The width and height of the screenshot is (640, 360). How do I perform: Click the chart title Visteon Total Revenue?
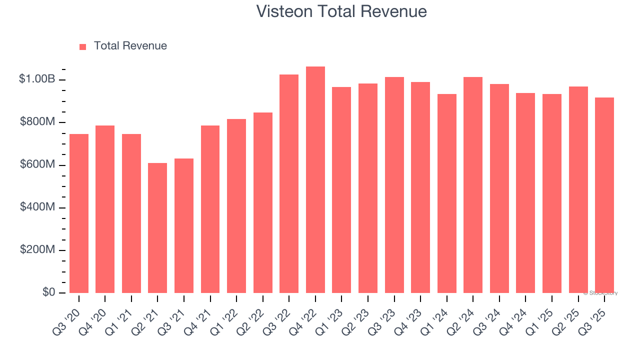click(341, 11)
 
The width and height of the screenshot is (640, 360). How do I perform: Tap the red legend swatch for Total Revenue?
click(83, 46)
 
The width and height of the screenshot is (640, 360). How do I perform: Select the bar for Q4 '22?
click(315, 179)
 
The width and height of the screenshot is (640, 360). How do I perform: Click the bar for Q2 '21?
click(157, 228)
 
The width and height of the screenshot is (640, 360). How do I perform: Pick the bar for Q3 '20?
click(79, 213)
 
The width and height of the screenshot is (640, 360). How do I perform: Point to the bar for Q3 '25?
click(604, 195)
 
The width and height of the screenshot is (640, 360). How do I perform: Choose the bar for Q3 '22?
click(289, 183)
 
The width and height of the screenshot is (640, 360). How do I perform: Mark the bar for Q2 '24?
click(473, 185)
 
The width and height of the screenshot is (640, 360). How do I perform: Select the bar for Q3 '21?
click(184, 225)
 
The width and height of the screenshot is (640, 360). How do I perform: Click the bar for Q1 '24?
click(446, 193)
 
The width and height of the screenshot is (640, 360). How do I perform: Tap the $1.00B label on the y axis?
click(37, 79)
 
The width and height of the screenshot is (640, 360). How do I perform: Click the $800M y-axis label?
click(37, 122)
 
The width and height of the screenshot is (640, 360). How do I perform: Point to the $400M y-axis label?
click(37, 207)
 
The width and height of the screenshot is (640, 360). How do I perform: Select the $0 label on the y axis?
click(48, 292)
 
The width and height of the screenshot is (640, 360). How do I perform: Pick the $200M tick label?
click(37, 249)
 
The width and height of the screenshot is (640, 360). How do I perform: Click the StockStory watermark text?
click(600, 293)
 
